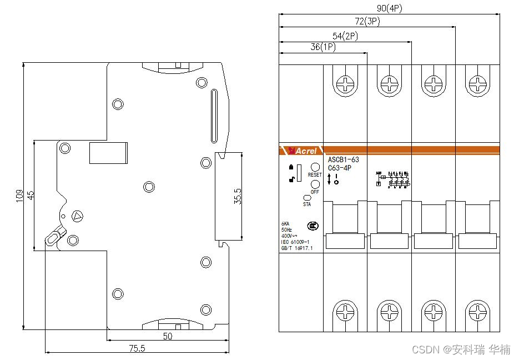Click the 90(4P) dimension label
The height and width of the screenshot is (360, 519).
(x=389, y=8)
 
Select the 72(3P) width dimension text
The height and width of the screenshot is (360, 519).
(x=367, y=22)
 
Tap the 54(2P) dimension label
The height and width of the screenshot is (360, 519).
(x=345, y=36)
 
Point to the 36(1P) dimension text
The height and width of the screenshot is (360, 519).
(x=323, y=48)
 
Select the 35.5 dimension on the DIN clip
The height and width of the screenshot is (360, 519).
(x=237, y=196)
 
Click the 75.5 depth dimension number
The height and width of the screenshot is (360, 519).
(x=137, y=348)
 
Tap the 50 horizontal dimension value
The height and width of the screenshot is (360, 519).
(x=168, y=336)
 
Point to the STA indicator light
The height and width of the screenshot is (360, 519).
(x=306, y=197)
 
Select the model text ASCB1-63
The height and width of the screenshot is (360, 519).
(x=343, y=160)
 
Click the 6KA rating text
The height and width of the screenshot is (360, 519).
(x=286, y=224)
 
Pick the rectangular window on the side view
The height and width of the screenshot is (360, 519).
(x=108, y=153)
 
